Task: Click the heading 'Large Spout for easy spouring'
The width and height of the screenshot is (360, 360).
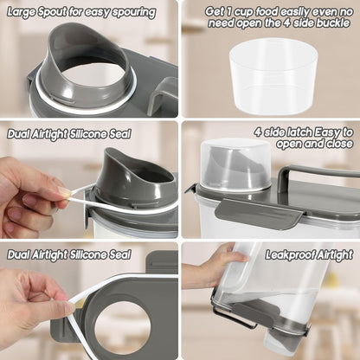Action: coord(82,12)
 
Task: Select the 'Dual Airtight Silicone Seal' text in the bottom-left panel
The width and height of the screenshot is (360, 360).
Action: coord(69,254)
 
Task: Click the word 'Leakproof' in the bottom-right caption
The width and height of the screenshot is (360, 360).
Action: coord(288,254)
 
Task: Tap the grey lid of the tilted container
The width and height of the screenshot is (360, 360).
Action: coord(260,317)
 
